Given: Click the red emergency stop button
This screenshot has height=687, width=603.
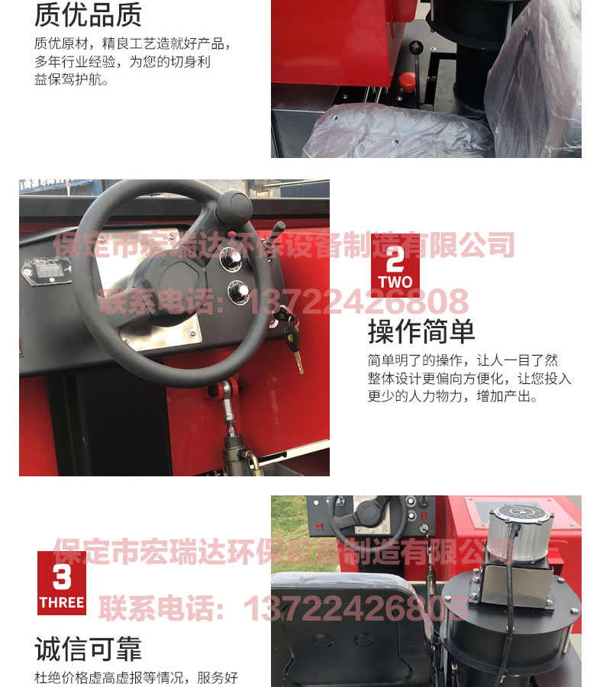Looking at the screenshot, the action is (407, 81).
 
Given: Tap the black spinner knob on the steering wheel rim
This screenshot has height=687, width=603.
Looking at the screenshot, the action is (234, 207).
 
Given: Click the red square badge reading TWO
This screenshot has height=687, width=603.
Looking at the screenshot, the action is (395, 266).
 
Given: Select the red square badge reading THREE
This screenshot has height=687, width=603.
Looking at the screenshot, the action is (62, 583).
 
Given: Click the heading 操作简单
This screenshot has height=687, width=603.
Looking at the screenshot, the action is (421, 332).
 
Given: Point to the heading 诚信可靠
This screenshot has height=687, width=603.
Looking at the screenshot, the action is (88, 649).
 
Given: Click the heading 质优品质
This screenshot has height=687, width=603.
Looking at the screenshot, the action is (88, 15).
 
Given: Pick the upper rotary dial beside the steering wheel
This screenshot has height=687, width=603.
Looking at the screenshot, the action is (231, 259).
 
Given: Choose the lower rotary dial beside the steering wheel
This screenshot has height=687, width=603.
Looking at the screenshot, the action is (238, 292).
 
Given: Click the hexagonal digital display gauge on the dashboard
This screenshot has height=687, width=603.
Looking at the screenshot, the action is (47, 272).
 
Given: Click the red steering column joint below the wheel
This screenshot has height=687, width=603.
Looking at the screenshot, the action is (225, 389).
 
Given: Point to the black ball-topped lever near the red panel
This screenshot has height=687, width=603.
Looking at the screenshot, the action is (415, 66).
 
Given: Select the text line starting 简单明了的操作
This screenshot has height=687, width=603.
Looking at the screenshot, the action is (463, 360).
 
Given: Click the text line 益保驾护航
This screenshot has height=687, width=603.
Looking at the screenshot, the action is (72, 79).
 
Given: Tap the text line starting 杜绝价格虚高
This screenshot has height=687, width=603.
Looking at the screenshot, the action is (136, 677).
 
